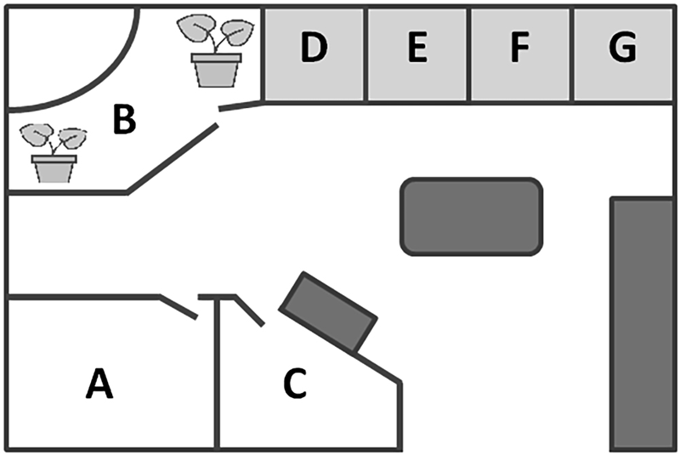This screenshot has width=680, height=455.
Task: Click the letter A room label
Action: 99,384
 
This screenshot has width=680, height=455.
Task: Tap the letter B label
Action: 124,118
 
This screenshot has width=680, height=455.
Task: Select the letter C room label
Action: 295,383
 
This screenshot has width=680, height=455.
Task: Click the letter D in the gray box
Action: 314,47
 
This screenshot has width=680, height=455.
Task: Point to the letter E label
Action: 417,47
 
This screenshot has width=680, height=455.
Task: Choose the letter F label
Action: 519,47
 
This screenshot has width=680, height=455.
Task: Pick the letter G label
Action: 623,47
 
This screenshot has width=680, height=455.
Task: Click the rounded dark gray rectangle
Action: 472,216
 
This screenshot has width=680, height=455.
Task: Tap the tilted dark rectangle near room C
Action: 328,313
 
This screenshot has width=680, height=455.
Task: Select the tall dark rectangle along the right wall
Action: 643,324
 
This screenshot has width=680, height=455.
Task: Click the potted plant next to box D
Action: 216,51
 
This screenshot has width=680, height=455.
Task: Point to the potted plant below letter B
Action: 54,153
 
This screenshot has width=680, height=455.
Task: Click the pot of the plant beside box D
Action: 216,71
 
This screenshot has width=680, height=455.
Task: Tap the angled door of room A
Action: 178,307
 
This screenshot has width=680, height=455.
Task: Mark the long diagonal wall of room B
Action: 173,158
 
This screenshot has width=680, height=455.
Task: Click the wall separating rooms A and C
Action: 217,374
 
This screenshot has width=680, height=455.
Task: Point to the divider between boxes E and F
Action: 469,54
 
